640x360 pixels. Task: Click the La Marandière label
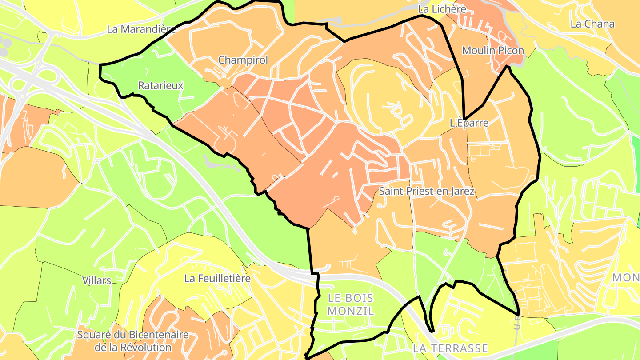[141, 29]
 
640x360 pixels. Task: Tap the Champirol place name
[243, 60]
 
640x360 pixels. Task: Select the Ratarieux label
[160, 86]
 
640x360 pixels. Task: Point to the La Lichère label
[442, 9]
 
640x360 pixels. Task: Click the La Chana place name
[592, 24]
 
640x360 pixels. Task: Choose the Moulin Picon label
[493, 51]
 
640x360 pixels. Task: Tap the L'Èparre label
[469, 123]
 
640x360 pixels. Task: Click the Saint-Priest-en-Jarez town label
[427, 192]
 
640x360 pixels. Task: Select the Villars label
[96, 280]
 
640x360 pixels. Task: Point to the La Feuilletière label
[217, 279]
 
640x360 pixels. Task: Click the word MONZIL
[351, 311]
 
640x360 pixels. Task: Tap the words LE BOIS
[351, 298]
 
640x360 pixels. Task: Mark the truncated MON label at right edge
[627, 278]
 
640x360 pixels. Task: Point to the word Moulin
[479, 51]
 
